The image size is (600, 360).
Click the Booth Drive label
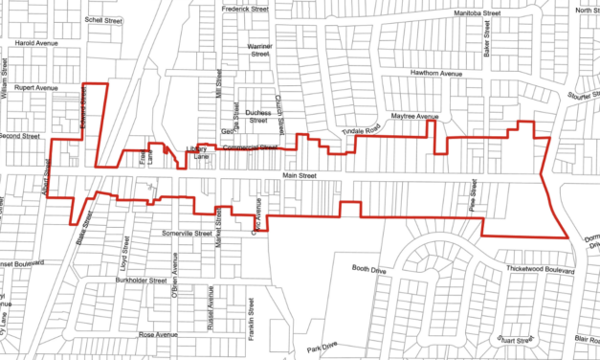368,269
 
